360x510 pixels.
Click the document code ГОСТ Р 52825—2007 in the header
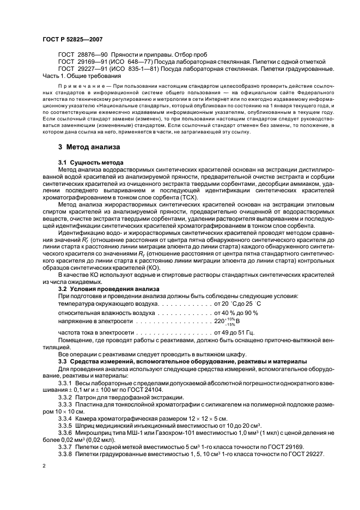tap(72, 39)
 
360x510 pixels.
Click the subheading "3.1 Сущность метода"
tap(90, 163)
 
